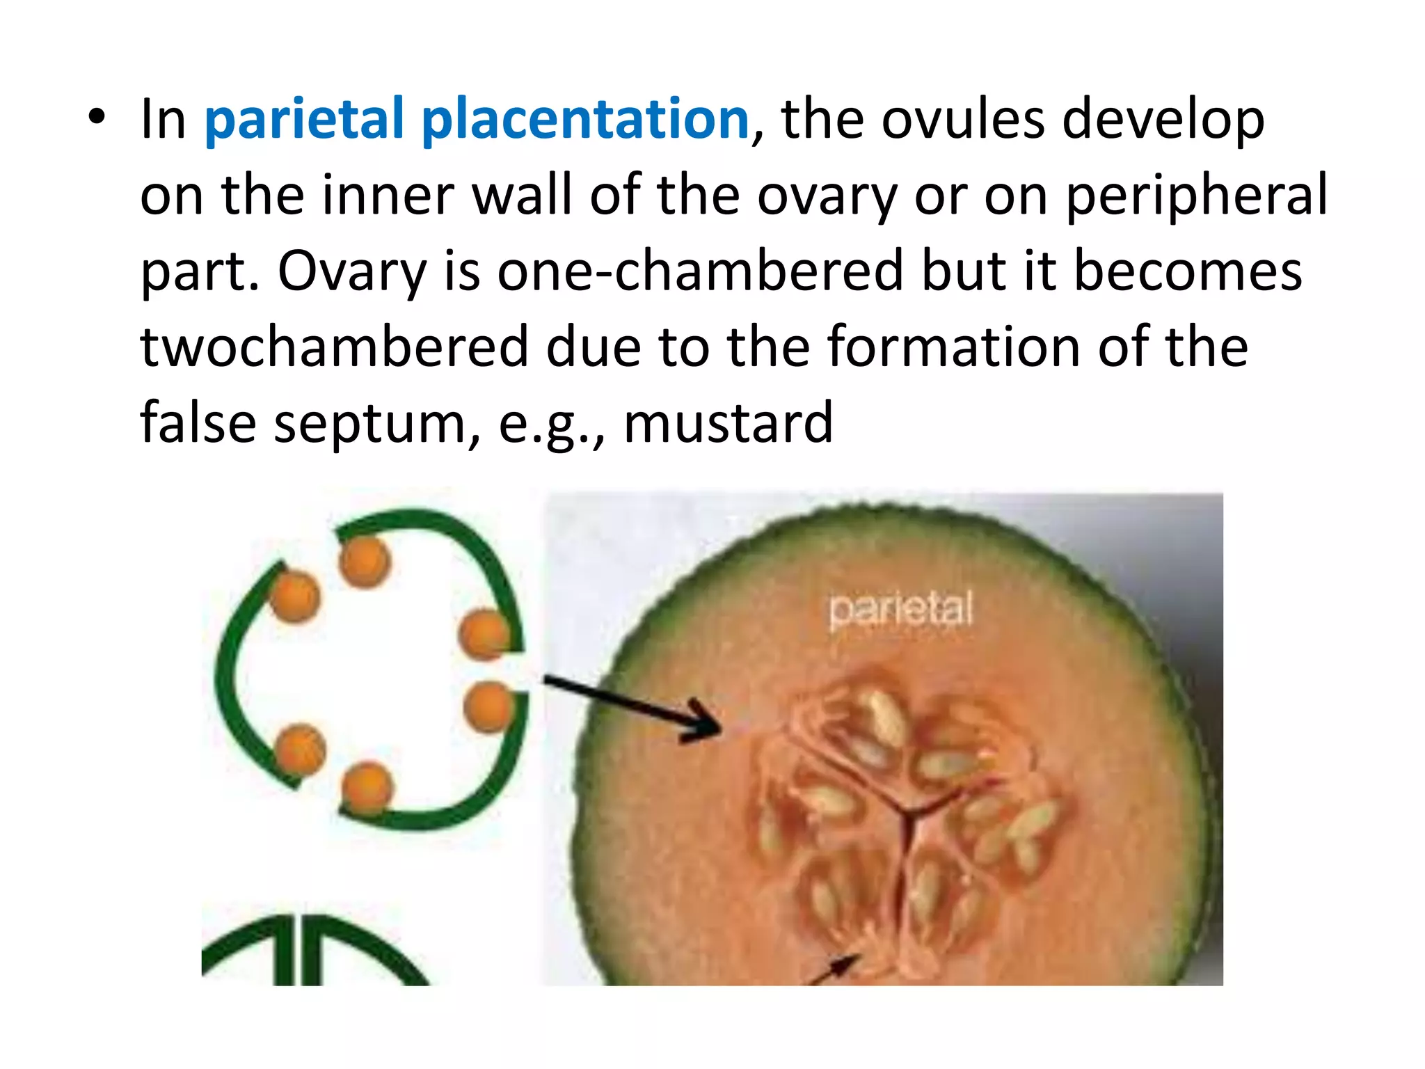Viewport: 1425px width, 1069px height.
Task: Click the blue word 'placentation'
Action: pyautogui.click(x=585, y=120)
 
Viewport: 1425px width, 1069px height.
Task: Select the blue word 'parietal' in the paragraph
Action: pyautogui.click(x=303, y=120)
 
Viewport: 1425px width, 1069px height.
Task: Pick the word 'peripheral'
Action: pyautogui.click(x=1197, y=196)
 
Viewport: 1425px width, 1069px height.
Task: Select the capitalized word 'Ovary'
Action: pyautogui.click(x=351, y=271)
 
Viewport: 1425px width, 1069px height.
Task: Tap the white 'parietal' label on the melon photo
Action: pyautogui.click(x=900, y=610)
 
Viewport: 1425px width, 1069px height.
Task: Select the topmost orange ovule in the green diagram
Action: pyautogui.click(x=365, y=561)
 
